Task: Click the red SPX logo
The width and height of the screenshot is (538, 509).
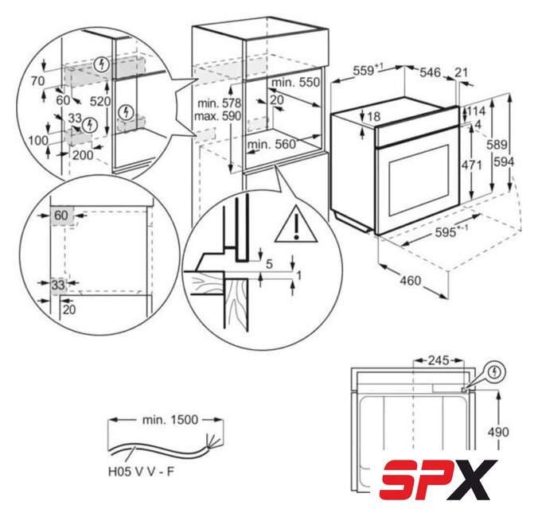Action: click(x=439, y=480)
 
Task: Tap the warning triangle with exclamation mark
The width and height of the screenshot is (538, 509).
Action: click(x=296, y=224)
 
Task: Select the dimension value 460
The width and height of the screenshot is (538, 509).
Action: click(x=411, y=281)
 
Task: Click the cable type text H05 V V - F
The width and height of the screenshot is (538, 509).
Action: click(x=141, y=472)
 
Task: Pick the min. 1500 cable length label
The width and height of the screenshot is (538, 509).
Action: click(x=170, y=419)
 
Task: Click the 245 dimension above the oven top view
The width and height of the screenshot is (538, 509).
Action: click(x=439, y=360)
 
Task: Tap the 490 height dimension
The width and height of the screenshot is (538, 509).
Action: click(x=498, y=432)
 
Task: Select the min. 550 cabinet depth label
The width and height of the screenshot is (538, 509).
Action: click(x=295, y=83)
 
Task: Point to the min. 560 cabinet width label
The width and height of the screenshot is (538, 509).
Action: click(x=271, y=145)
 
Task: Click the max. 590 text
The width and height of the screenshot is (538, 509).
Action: click(x=217, y=116)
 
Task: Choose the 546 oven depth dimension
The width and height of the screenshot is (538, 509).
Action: click(x=430, y=72)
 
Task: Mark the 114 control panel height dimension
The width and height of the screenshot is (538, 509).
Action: click(x=476, y=111)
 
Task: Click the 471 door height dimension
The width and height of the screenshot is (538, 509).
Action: click(x=471, y=165)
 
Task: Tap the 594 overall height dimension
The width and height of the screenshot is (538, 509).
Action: click(x=504, y=161)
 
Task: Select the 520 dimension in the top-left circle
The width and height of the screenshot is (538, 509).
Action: click(x=100, y=101)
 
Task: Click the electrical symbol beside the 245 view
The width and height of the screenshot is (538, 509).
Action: click(x=494, y=371)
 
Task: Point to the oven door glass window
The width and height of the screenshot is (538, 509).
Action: click(x=419, y=181)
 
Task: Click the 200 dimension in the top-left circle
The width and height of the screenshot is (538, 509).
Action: click(x=83, y=155)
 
